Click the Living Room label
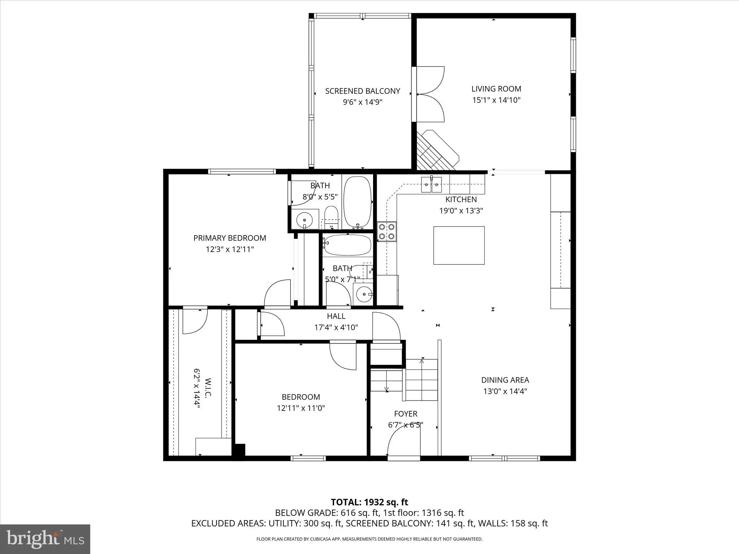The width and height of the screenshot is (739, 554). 496,89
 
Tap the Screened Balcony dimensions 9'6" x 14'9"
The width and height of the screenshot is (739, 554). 362,102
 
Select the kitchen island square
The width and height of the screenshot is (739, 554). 459,245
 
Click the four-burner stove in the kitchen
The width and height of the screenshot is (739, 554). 387,232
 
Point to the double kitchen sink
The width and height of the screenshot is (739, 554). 432,185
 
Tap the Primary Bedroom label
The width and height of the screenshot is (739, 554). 230,238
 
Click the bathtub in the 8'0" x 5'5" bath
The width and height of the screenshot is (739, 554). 357,202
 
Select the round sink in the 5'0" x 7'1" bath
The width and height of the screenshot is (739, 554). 363,294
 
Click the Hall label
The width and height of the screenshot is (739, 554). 336,316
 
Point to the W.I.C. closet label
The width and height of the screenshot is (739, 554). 208,387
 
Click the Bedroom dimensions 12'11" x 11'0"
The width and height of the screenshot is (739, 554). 301,408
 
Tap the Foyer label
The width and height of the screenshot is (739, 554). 406,414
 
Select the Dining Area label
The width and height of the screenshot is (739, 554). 505,380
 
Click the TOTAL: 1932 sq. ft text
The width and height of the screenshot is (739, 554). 369,502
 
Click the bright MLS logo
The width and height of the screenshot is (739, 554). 45,538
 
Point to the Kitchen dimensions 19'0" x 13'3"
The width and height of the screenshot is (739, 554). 461,211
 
